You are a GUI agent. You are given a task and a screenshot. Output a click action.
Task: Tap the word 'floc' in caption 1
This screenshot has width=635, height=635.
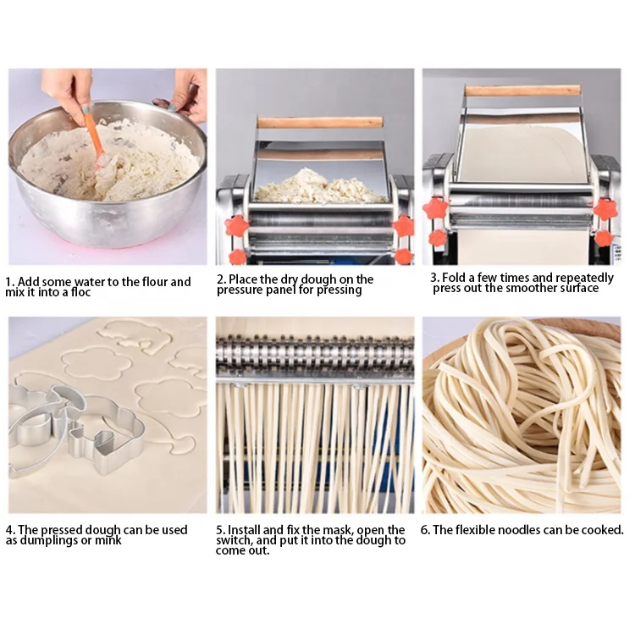point(78,292)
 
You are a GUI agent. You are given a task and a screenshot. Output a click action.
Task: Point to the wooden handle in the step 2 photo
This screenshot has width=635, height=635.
point(321,122)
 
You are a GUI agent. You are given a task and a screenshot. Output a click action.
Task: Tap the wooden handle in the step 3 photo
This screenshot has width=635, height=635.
point(522,90)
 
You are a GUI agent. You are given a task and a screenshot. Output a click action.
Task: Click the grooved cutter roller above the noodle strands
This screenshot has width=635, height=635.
point(315,359)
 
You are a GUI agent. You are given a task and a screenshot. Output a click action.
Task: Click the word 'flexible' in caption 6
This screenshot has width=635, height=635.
point(483,530)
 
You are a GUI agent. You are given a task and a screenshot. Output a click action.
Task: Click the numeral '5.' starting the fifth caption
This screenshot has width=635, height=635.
point(221,530)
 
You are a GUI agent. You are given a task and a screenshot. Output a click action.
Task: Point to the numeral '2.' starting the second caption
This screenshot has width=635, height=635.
point(221,279)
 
